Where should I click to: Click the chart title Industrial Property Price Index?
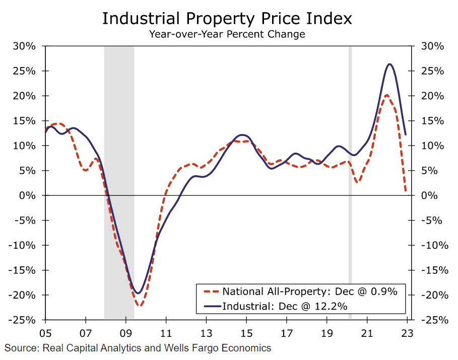227,18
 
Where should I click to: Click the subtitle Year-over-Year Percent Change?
227,34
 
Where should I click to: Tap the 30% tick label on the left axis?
24,46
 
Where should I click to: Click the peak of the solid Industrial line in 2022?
389,64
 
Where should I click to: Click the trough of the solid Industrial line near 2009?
138,293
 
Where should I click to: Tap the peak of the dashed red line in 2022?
386,95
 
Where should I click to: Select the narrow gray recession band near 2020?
350,181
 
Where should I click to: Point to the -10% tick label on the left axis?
24,245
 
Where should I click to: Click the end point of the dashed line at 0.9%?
406,191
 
